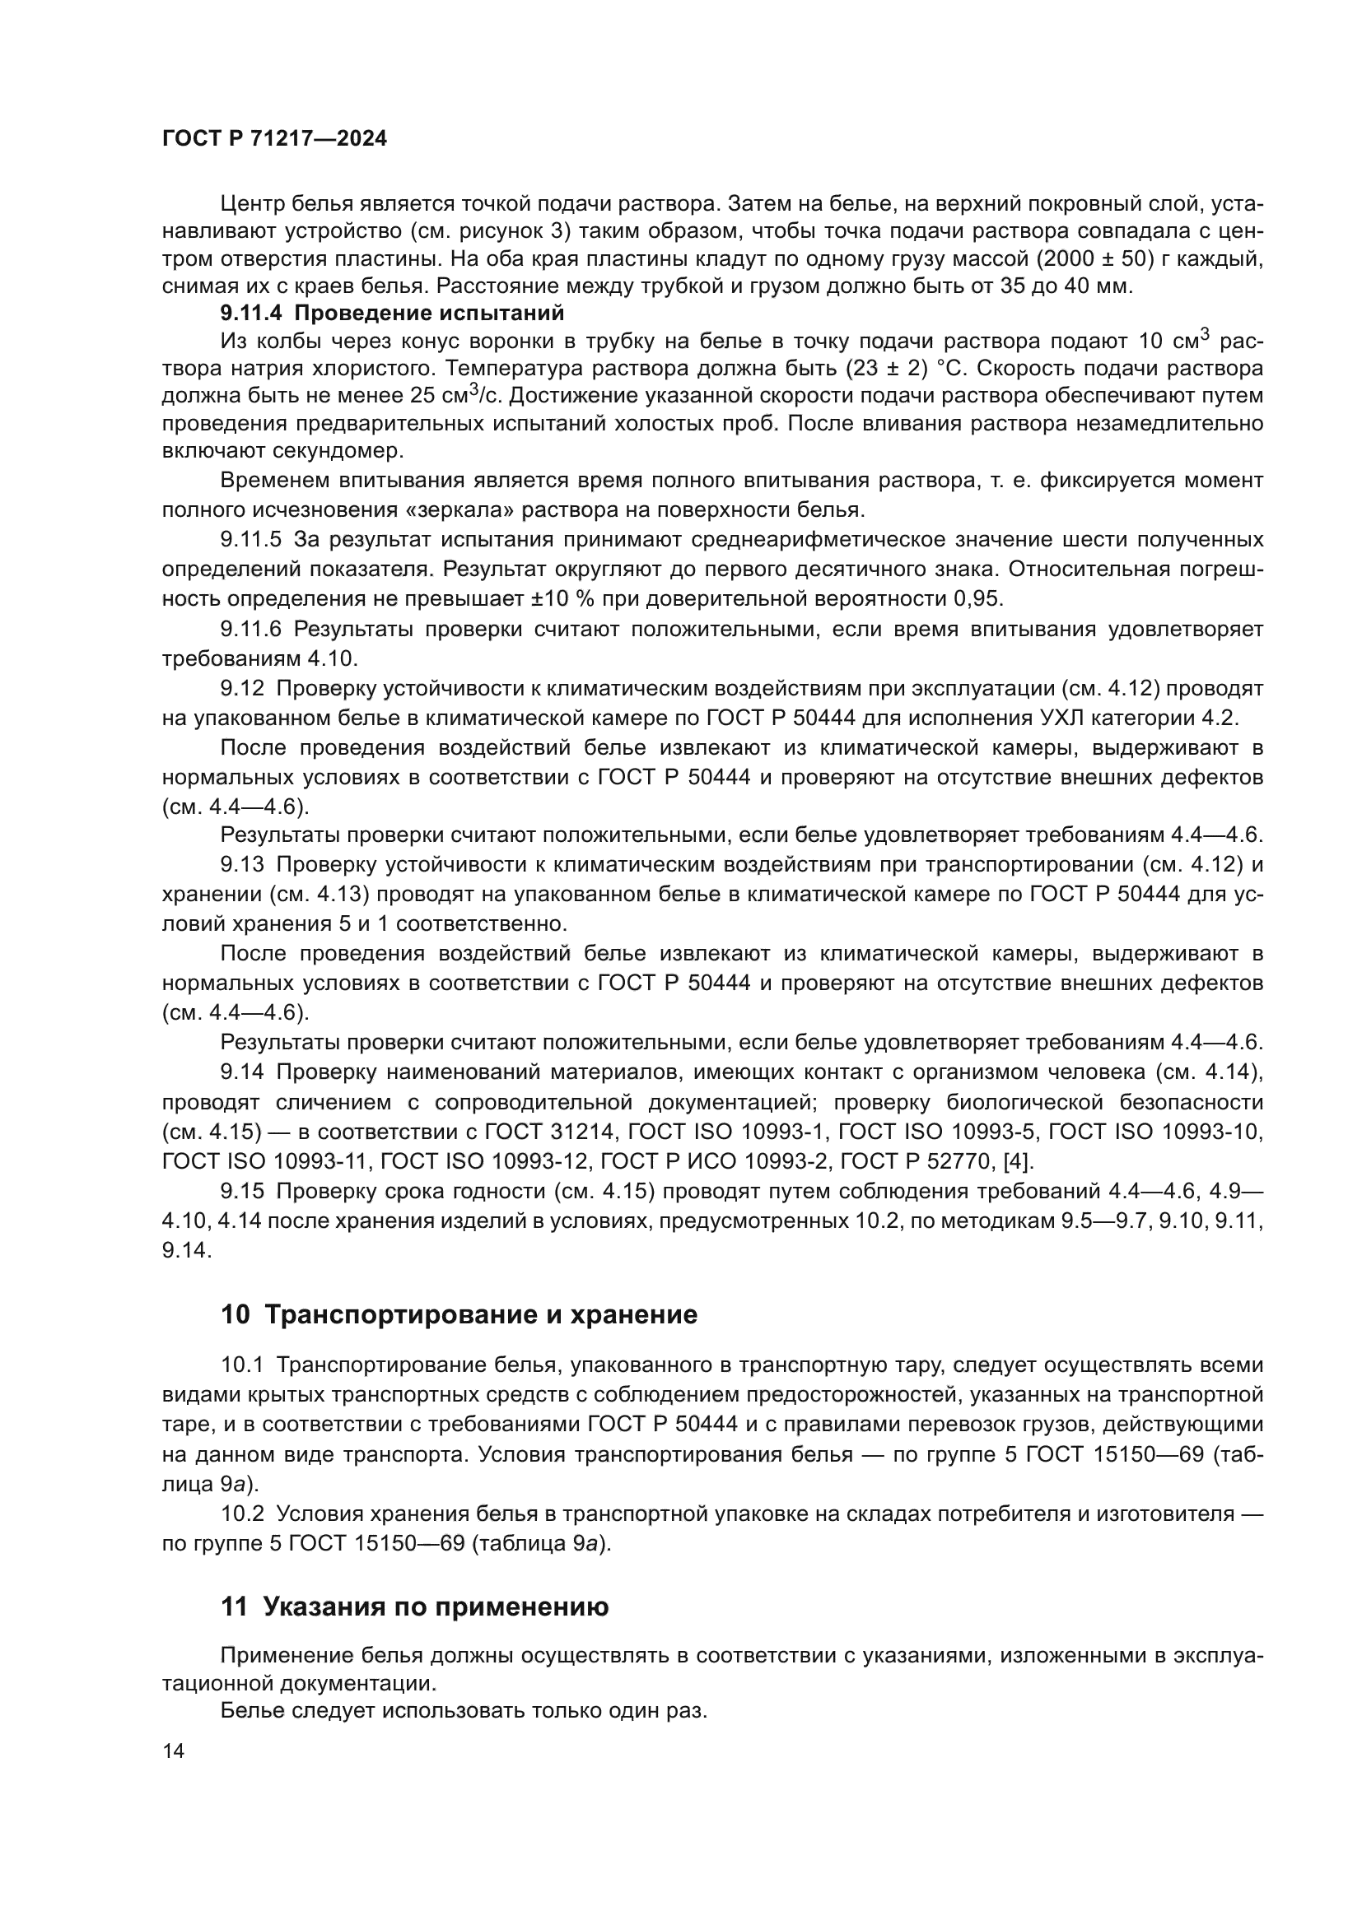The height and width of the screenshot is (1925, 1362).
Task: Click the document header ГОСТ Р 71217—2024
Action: pyautogui.click(x=274, y=139)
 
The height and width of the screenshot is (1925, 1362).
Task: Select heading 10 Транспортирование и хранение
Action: pyautogui.click(x=459, y=1314)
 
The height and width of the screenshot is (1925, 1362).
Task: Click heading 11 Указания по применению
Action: pyautogui.click(x=414, y=1606)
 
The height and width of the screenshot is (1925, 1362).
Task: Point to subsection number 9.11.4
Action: pyautogui.click(x=252, y=314)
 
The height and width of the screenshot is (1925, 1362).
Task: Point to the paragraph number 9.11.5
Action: pyautogui.click(x=252, y=538)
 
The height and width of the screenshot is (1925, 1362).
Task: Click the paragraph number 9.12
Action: pyautogui.click(x=242, y=688)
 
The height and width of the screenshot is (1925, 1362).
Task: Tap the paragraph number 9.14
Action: pyautogui.click(x=242, y=1072)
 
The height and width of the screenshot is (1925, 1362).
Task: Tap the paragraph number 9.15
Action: pyautogui.click(x=242, y=1192)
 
